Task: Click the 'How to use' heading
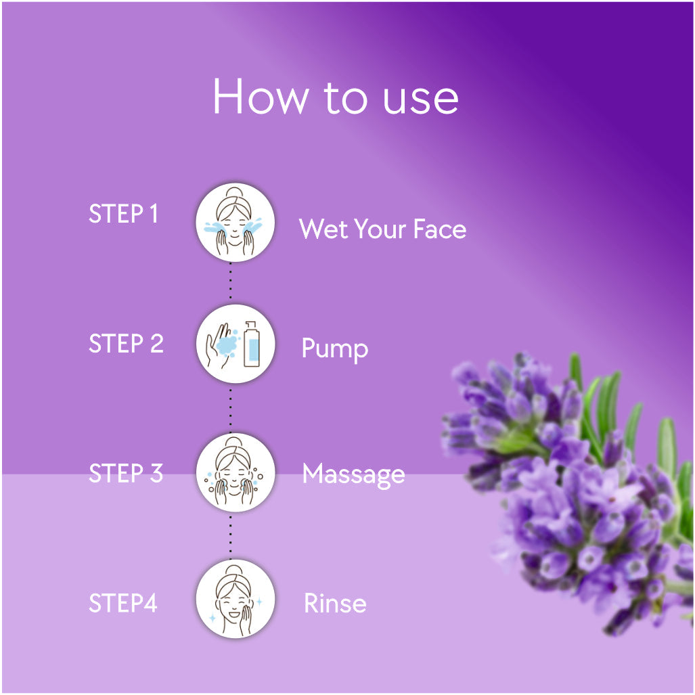tap(336, 97)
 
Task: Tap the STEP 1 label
tap(123, 214)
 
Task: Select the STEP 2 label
tap(127, 344)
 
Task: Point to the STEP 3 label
tap(126, 473)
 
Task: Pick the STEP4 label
tap(123, 603)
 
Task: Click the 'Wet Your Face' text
tap(382, 229)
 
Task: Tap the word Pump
tap(335, 349)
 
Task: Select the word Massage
tap(354, 475)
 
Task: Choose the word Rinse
tap(336, 603)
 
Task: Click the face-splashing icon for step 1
tap(235, 222)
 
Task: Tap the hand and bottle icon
tap(236, 344)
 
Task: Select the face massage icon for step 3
tap(236, 472)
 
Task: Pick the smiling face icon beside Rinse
tap(236, 599)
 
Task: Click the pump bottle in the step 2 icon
tap(252, 344)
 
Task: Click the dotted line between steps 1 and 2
tap(231, 283)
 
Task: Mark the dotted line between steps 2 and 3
tap(231, 408)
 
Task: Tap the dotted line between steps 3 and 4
tap(231, 536)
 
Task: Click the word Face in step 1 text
tap(440, 229)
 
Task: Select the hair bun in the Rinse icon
tap(233, 570)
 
